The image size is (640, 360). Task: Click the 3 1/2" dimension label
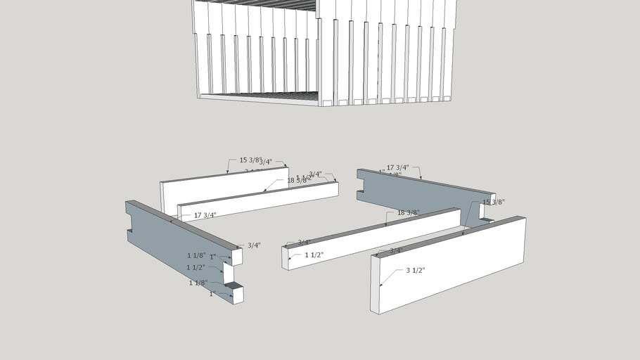(415, 271)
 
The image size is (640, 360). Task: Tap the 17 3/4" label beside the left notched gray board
(205, 215)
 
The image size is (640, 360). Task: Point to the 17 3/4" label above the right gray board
(397, 167)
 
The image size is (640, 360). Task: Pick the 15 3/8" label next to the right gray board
(493, 202)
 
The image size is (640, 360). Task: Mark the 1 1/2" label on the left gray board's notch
(196, 268)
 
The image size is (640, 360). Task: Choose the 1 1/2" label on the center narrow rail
(314, 255)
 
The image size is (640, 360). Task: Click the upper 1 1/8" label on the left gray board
(196, 255)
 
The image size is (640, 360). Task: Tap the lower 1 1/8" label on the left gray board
(198, 283)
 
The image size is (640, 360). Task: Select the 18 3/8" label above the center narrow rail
(408, 212)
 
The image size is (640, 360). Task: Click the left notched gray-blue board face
(176, 246)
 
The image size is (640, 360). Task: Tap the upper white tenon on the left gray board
(237, 257)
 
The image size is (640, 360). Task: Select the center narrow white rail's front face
(373, 239)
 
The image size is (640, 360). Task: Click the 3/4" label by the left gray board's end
(254, 245)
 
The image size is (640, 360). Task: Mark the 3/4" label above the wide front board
(396, 250)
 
